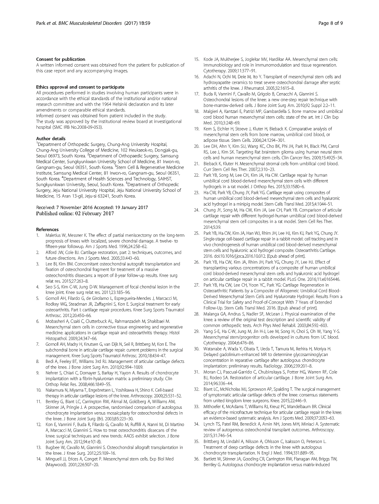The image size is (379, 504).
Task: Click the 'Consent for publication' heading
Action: [x=61, y=59]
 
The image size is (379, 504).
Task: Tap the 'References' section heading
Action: [x=47, y=229]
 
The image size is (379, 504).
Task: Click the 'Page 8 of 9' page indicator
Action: [x=330, y=23]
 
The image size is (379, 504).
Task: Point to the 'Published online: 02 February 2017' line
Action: [x=75, y=213]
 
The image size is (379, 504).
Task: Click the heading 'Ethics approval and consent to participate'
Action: [x=80, y=87]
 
